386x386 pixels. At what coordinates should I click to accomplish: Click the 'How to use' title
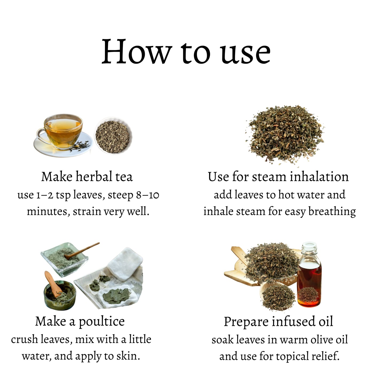[x=186, y=52]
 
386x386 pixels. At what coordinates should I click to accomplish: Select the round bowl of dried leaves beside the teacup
[x=113, y=136]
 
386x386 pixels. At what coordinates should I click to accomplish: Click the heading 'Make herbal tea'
[x=87, y=177]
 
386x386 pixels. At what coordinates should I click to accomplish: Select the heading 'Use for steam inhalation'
[x=278, y=177]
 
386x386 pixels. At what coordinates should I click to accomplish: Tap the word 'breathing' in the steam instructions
[x=332, y=212]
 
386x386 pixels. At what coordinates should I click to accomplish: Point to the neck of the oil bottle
[x=309, y=250]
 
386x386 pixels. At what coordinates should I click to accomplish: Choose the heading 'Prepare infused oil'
[x=278, y=322]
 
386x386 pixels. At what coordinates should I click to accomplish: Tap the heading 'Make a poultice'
[x=80, y=322]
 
